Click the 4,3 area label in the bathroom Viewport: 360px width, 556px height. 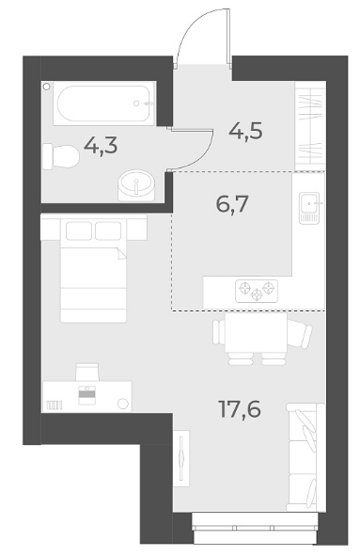(x=101, y=147)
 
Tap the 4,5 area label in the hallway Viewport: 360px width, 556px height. (x=245, y=131)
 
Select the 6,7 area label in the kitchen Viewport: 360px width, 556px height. (x=232, y=204)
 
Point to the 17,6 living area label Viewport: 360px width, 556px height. (x=240, y=409)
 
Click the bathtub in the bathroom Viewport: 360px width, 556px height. (x=104, y=103)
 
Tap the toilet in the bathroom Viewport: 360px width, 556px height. (x=60, y=156)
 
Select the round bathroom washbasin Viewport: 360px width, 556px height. (x=136, y=184)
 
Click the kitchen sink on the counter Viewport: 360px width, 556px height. (x=309, y=208)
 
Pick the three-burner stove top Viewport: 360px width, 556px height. (x=257, y=291)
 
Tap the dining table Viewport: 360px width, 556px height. (x=256, y=332)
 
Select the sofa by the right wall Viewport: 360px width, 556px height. (x=305, y=456)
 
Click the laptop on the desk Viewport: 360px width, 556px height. (x=86, y=395)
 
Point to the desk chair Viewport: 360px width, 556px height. (x=86, y=372)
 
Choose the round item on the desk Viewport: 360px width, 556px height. (x=123, y=404)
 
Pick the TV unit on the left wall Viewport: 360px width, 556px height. (x=181, y=458)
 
